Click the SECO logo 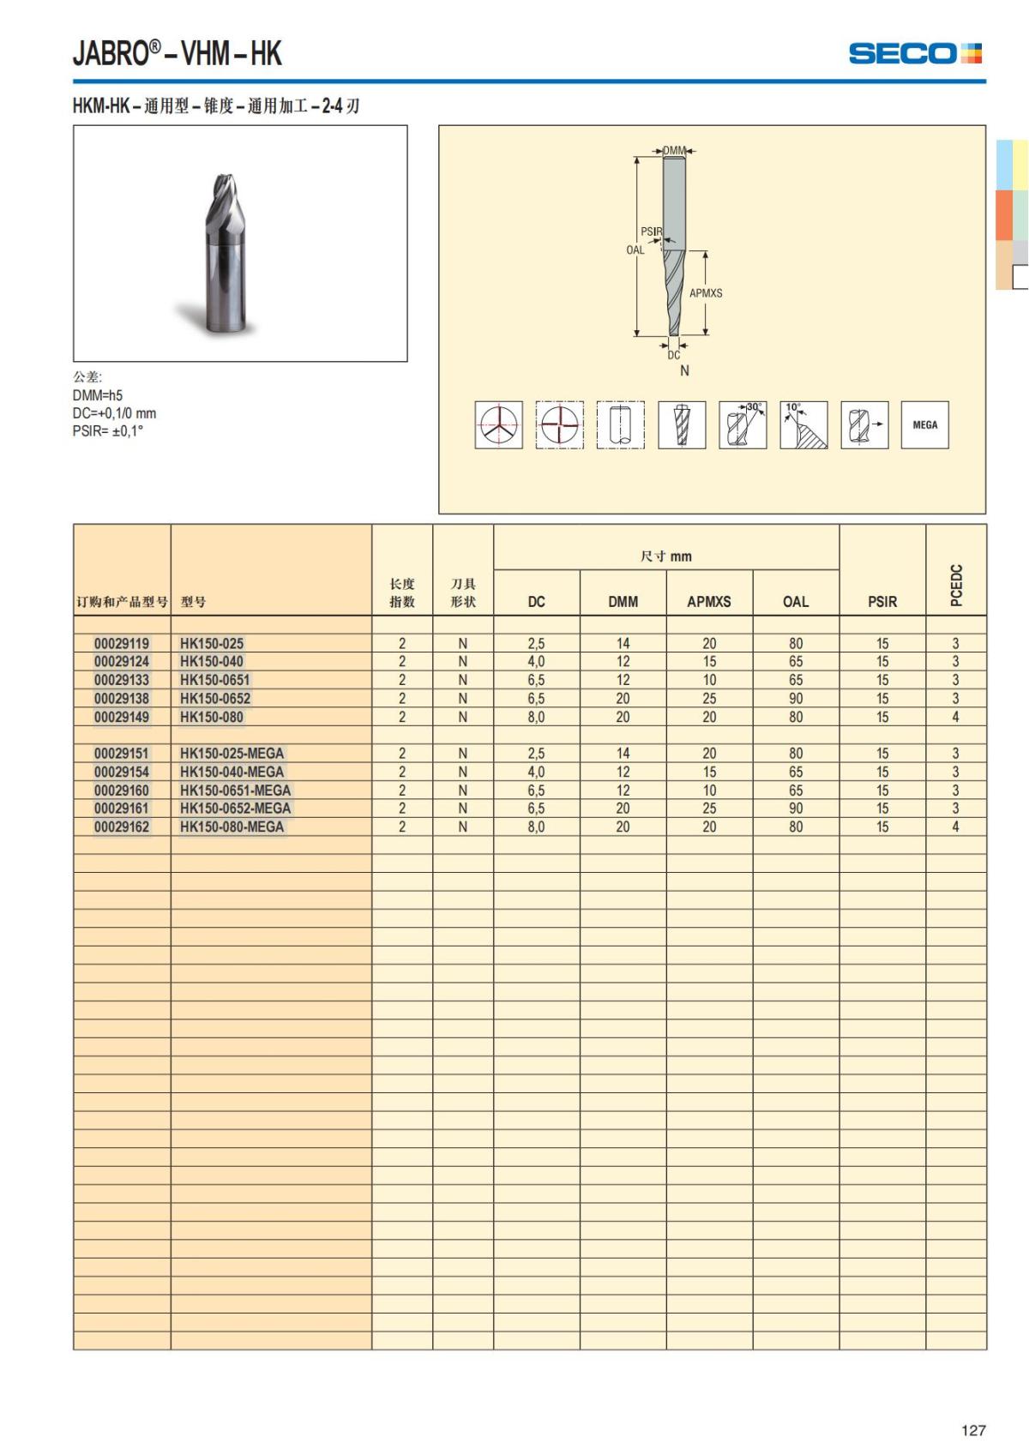click(915, 53)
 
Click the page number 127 click(973, 1429)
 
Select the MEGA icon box click(924, 424)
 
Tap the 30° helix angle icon click(743, 424)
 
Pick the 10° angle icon click(803, 424)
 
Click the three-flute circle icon click(499, 424)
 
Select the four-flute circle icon click(560, 424)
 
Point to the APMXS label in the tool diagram click(706, 293)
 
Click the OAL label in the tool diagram click(635, 250)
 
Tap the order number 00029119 click(122, 644)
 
